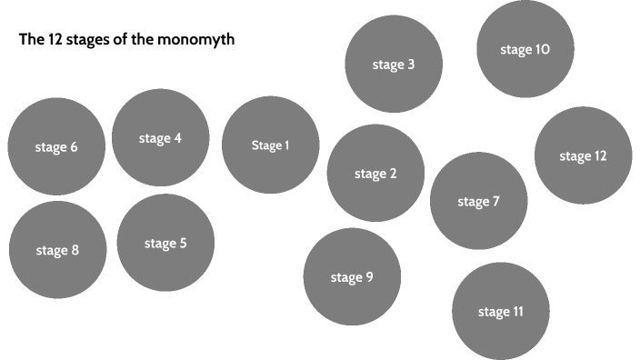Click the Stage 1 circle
point(270,145)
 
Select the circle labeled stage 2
point(375,174)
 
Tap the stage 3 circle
point(394,65)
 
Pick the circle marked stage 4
point(160,138)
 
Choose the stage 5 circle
point(165,243)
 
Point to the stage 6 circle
point(56,147)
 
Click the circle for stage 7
point(478,201)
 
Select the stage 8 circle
point(57,250)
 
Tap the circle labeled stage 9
point(352,277)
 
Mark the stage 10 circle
point(525,50)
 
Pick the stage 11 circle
point(501,312)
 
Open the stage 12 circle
point(583,155)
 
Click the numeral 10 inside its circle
point(542,50)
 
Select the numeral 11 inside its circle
point(517,312)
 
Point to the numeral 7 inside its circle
point(495,201)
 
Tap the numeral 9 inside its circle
point(369,277)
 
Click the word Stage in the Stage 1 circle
point(266,145)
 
